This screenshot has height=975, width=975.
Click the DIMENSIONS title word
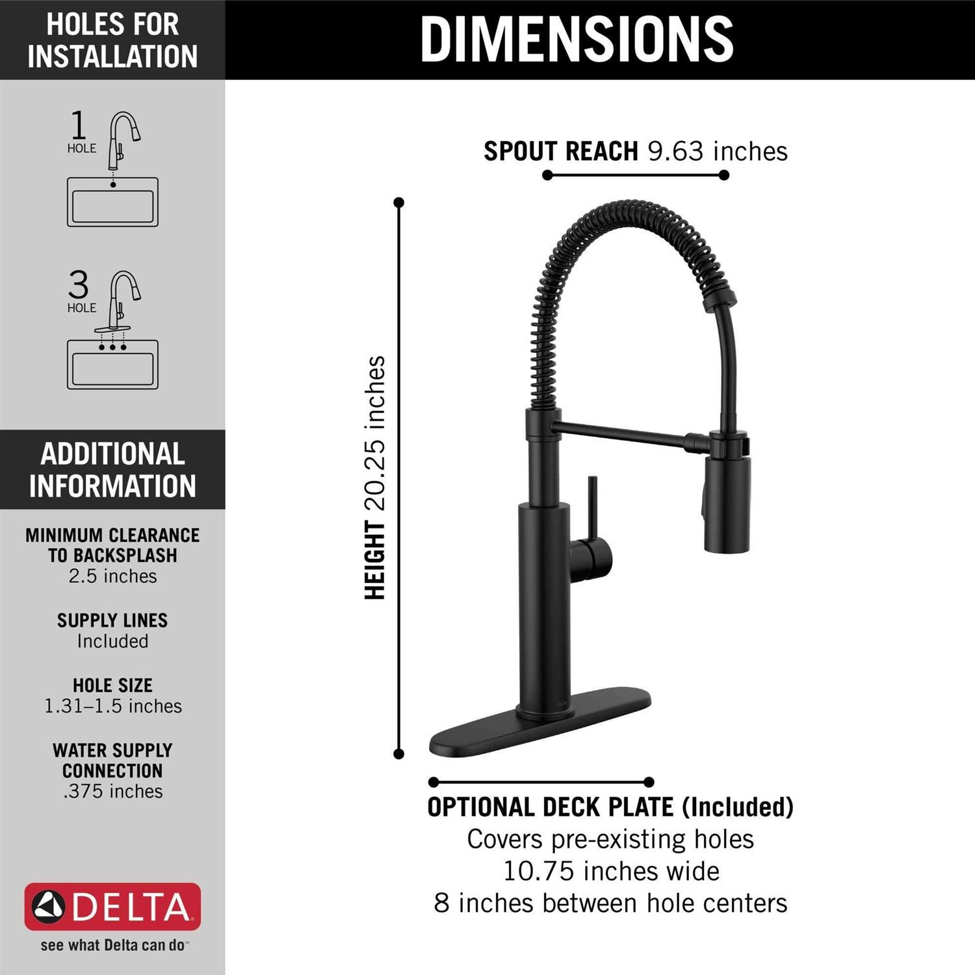tap(577, 39)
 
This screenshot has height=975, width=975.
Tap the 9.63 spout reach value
tap(675, 151)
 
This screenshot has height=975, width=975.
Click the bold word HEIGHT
tap(376, 560)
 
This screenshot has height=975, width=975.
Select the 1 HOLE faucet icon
tap(123, 140)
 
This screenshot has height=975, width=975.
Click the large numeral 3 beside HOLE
tap(79, 285)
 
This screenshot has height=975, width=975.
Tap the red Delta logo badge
tap(112, 907)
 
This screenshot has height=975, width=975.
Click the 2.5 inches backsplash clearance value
tap(112, 577)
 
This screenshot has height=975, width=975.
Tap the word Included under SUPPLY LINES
tap(112, 642)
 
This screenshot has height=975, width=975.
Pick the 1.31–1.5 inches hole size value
tap(112, 707)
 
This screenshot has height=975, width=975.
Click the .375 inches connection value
tap(112, 792)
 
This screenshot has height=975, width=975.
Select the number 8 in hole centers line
tap(441, 903)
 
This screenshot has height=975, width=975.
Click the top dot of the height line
tap(399, 203)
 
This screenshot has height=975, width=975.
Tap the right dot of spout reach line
tap(724, 175)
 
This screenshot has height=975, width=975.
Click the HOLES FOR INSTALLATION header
tap(112, 40)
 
